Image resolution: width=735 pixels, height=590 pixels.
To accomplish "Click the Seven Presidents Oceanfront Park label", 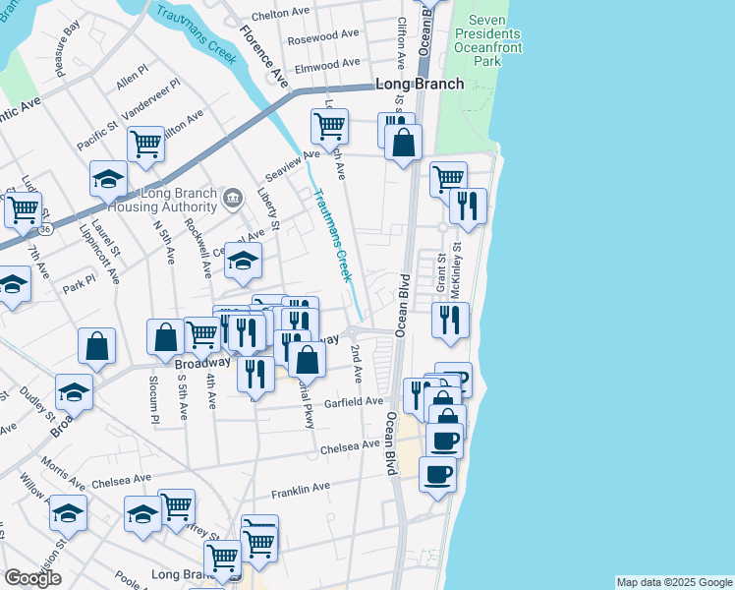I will (486, 40).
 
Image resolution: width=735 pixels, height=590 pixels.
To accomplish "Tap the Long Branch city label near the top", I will (419, 84).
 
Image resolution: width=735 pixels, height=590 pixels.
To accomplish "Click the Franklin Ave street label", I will (302, 488).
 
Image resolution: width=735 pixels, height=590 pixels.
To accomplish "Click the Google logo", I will (33, 578).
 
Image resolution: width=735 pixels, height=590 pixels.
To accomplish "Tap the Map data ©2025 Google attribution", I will (674, 582).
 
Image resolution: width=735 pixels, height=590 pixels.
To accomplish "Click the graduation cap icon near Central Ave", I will (244, 260).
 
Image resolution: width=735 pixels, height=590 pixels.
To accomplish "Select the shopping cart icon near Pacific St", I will (145, 145).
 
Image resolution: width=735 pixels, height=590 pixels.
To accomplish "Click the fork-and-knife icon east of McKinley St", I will (468, 206).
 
